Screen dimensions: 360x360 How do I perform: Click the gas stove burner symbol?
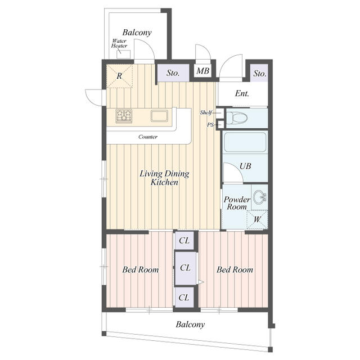click(124, 116)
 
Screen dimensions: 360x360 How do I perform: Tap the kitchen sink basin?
click(159, 116)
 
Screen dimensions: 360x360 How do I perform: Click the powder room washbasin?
click(260, 197)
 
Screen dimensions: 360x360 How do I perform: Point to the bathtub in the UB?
click(245, 142)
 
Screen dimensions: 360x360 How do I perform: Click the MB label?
click(202, 71)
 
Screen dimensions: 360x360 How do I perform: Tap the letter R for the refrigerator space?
click(119, 76)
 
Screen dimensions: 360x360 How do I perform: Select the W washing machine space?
click(257, 219)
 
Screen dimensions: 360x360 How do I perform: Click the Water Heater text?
click(119, 43)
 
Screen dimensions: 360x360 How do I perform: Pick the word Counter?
click(148, 137)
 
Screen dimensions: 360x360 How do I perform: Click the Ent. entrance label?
click(242, 93)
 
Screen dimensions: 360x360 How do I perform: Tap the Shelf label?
click(206, 112)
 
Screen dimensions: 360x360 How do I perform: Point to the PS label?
click(210, 125)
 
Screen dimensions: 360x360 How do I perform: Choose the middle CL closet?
click(185, 268)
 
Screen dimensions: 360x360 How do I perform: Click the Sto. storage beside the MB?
click(173, 73)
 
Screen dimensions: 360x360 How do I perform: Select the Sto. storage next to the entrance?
click(259, 73)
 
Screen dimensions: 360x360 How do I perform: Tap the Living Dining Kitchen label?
click(164, 178)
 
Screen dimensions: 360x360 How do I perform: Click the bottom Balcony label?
click(190, 325)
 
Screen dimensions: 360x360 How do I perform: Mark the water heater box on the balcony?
click(123, 55)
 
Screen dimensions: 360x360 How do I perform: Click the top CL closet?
click(184, 240)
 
